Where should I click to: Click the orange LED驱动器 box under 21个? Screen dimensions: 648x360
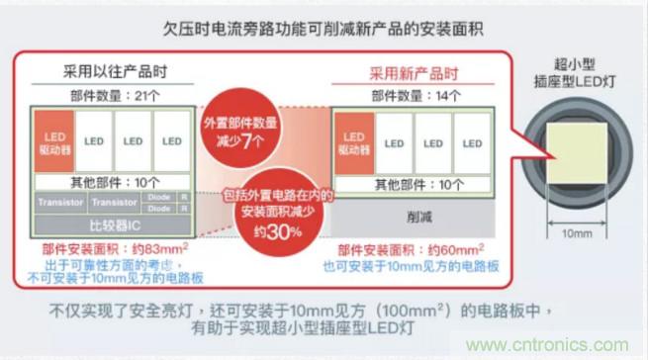point(56,141)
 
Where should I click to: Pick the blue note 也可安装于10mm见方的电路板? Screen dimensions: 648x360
point(410,265)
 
